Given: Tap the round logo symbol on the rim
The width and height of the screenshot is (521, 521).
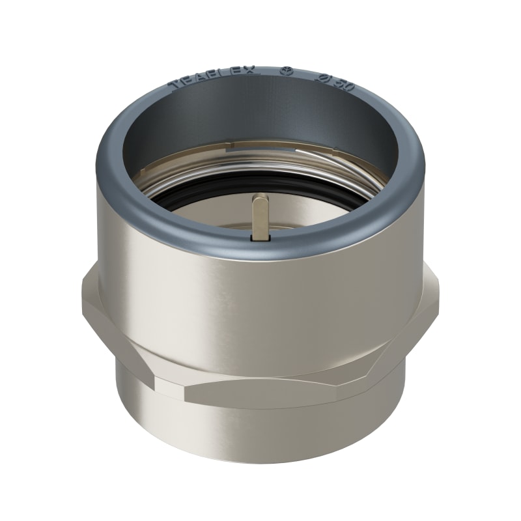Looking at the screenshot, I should (283, 70).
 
